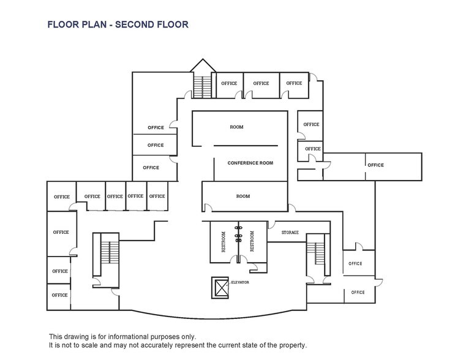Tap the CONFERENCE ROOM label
tap(250, 163)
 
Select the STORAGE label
tap(290, 233)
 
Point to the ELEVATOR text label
tap(240, 282)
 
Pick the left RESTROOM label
tap(224, 242)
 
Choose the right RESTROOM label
tap(252, 242)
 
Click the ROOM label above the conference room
tap(236, 127)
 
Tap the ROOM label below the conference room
tap(243, 197)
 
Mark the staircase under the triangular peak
tap(201, 85)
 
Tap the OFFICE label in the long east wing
tap(375, 165)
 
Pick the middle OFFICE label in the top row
tap(261, 83)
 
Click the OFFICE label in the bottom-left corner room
tap(60, 295)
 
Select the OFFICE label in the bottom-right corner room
tap(357, 293)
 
